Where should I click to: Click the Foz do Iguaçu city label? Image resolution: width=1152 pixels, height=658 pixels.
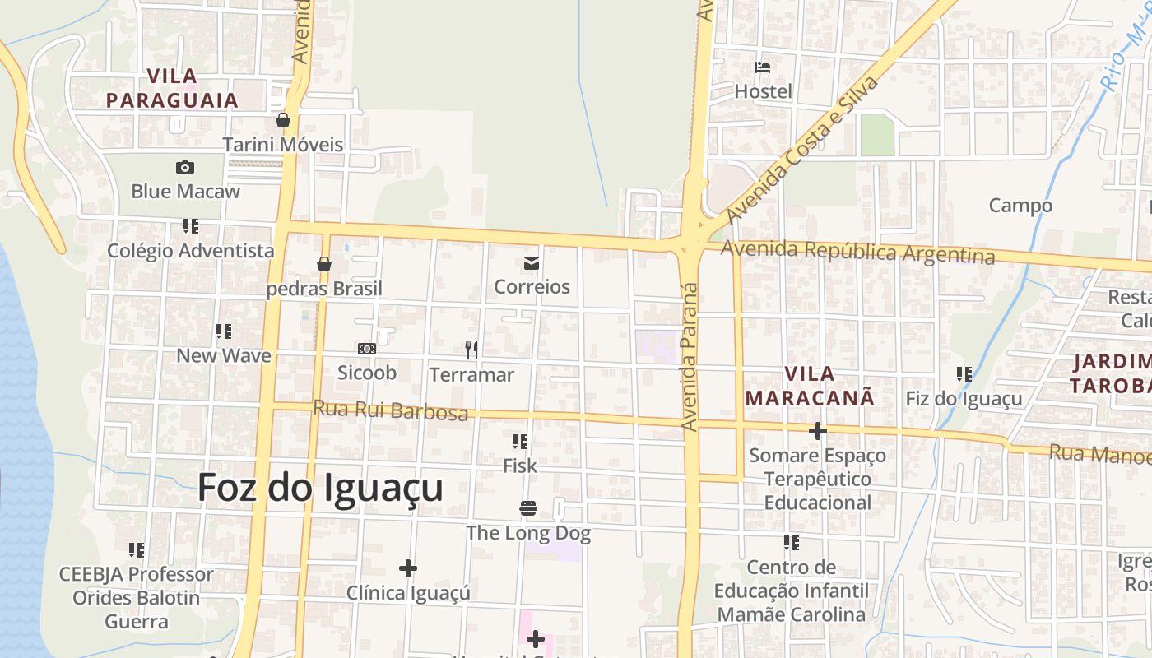click(x=320, y=488)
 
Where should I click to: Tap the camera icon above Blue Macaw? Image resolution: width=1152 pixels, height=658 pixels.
click(x=185, y=168)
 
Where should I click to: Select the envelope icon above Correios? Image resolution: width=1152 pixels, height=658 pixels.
click(x=532, y=263)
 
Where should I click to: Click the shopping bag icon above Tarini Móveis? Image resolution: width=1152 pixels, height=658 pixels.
click(x=283, y=120)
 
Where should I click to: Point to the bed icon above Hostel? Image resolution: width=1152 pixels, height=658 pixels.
click(x=763, y=67)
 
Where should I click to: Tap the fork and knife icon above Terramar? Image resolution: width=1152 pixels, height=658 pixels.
click(x=471, y=350)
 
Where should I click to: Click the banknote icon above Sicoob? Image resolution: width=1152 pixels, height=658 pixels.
click(x=367, y=349)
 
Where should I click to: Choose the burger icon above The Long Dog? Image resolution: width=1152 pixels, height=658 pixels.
click(x=528, y=509)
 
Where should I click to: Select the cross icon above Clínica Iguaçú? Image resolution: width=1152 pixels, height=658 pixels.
click(x=407, y=568)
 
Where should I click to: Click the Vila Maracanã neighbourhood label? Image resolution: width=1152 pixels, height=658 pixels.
click(x=810, y=386)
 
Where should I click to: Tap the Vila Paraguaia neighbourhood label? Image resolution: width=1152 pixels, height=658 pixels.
click(x=172, y=89)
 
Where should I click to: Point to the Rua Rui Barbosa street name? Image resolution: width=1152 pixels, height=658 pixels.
click(x=391, y=410)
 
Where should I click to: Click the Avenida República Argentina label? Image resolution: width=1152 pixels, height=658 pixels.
click(x=858, y=252)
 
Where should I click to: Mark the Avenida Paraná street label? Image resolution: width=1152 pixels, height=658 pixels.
click(x=690, y=357)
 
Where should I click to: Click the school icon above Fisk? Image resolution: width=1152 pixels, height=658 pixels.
click(x=519, y=442)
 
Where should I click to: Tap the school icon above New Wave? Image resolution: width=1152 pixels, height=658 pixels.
click(x=223, y=331)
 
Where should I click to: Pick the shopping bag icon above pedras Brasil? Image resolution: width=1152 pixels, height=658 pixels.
click(x=324, y=265)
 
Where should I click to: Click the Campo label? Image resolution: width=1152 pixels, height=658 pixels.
click(x=1020, y=206)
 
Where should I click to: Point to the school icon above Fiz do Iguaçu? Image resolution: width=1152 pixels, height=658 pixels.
click(x=964, y=375)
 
